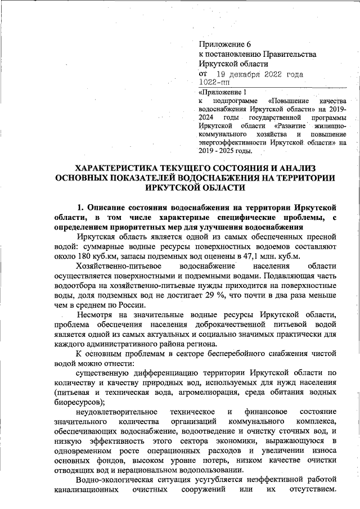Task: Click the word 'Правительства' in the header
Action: click(289, 54)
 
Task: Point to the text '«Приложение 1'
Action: click(223, 92)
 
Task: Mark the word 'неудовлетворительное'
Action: click(118, 412)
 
